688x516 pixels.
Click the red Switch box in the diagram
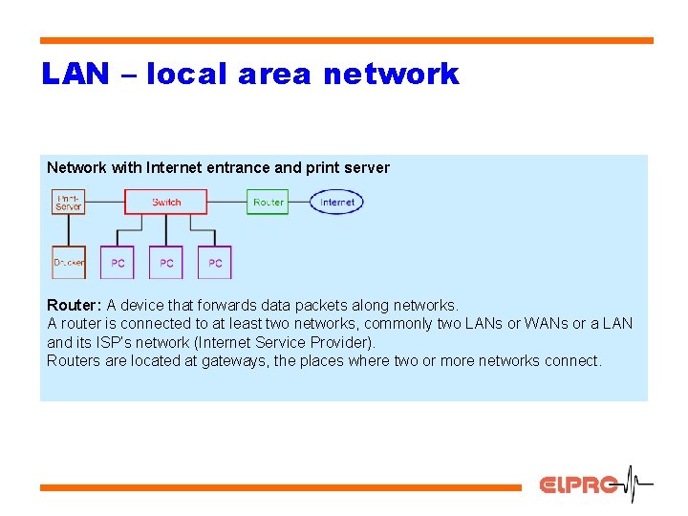coord(166,202)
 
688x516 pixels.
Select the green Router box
coord(268,202)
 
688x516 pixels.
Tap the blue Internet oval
coord(336,202)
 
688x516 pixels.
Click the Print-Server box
coord(69,202)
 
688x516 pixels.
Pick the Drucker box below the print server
coord(69,262)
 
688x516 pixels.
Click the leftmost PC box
coord(118,262)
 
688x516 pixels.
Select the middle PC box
coord(166,262)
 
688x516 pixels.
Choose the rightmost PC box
coord(215,262)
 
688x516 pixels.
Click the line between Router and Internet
coord(298,202)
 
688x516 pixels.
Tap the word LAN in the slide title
coord(75,75)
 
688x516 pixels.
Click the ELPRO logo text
coord(578,484)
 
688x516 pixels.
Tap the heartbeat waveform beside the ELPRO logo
coord(636,484)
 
